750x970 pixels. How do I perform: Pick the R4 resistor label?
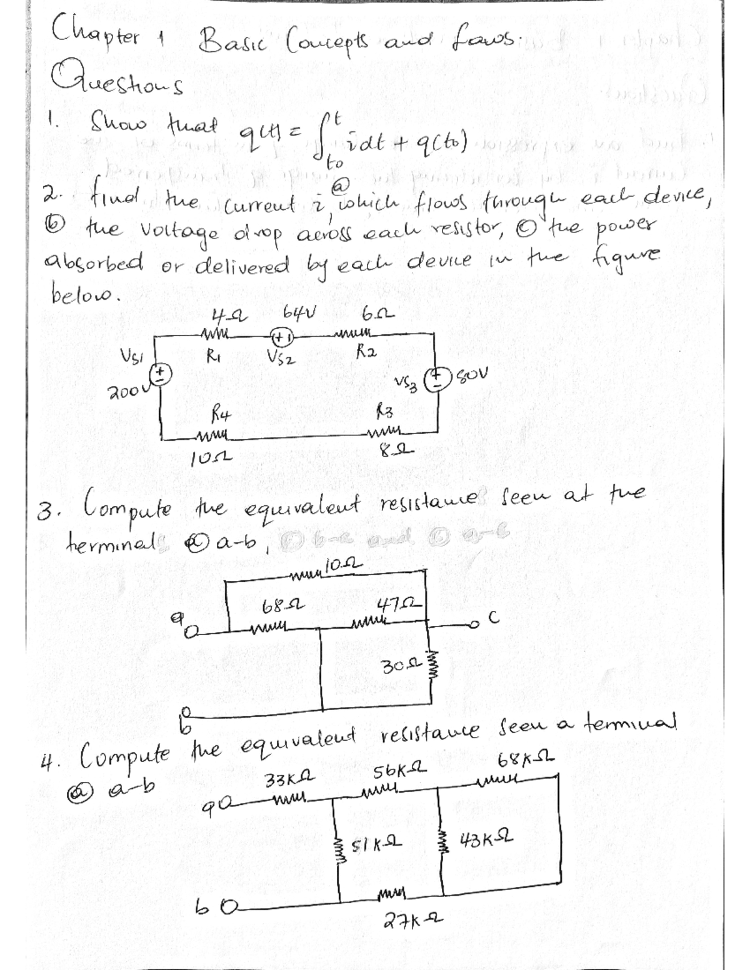click(215, 412)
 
